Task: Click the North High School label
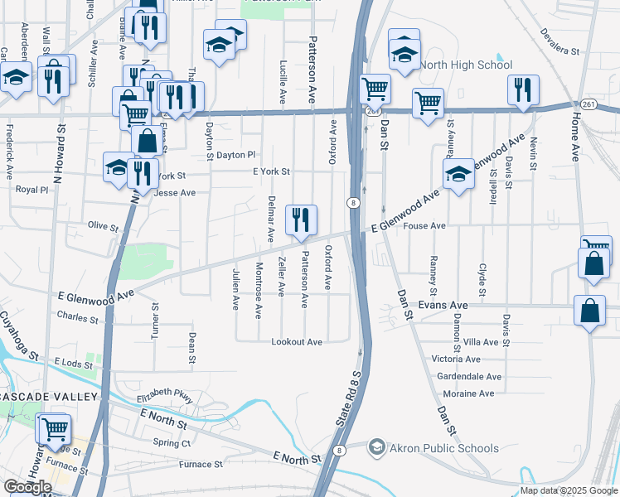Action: tap(467, 65)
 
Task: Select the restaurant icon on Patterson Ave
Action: tap(300, 220)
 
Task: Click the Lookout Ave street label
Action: tap(297, 342)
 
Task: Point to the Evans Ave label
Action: tap(443, 305)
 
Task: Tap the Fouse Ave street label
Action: tap(424, 225)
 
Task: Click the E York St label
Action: tap(271, 172)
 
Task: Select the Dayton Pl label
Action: tap(236, 154)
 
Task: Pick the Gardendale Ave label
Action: tap(467, 375)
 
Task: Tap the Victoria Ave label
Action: tap(456, 359)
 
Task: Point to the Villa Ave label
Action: tap(481, 341)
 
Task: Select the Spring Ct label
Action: tap(171, 443)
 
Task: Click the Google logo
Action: tap(27, 487)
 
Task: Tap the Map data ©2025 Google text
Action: tap(568, 490)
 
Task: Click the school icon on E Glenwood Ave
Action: tap(458, 175)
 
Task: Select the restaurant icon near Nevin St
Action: tap(523, 90)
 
